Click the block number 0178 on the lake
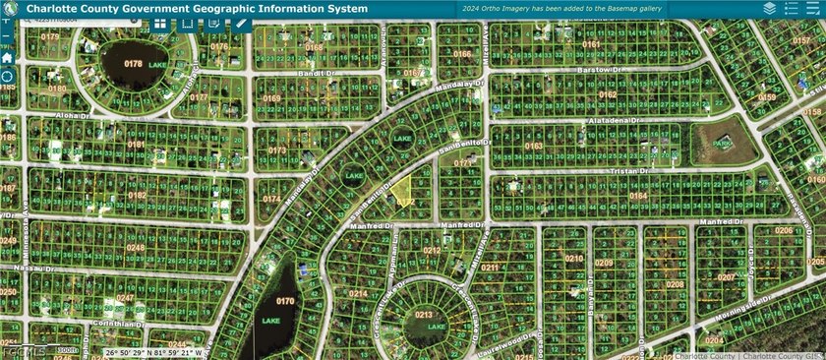click(133, 64)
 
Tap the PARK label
click(726, 143)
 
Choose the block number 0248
click(135, 248)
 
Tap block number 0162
click(607, 95)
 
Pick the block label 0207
click(726, 277)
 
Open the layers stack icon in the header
click(769, 8)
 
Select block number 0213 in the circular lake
click(424, 315)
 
